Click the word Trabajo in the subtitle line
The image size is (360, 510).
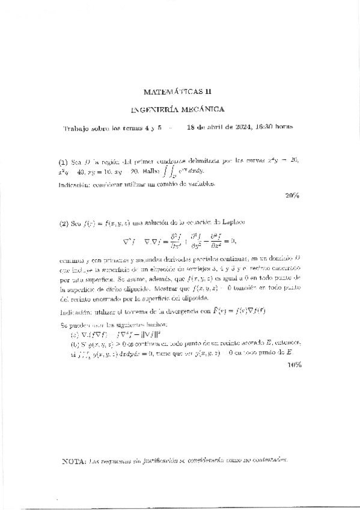pos(80,128)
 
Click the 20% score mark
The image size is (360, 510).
pos(293,195)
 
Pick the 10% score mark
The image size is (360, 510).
pos(294,364)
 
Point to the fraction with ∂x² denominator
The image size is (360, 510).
pos(165,241)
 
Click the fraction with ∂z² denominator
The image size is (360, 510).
pos(215,241)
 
